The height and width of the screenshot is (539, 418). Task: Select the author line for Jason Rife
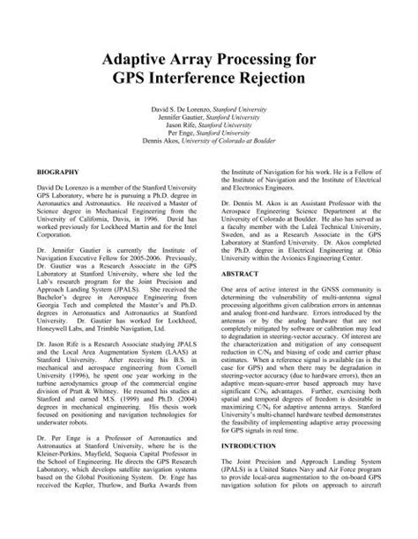pyautogui.click(x=209, y=126)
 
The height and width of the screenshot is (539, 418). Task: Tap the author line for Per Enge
pyautogui.click(x=209, y=134)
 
